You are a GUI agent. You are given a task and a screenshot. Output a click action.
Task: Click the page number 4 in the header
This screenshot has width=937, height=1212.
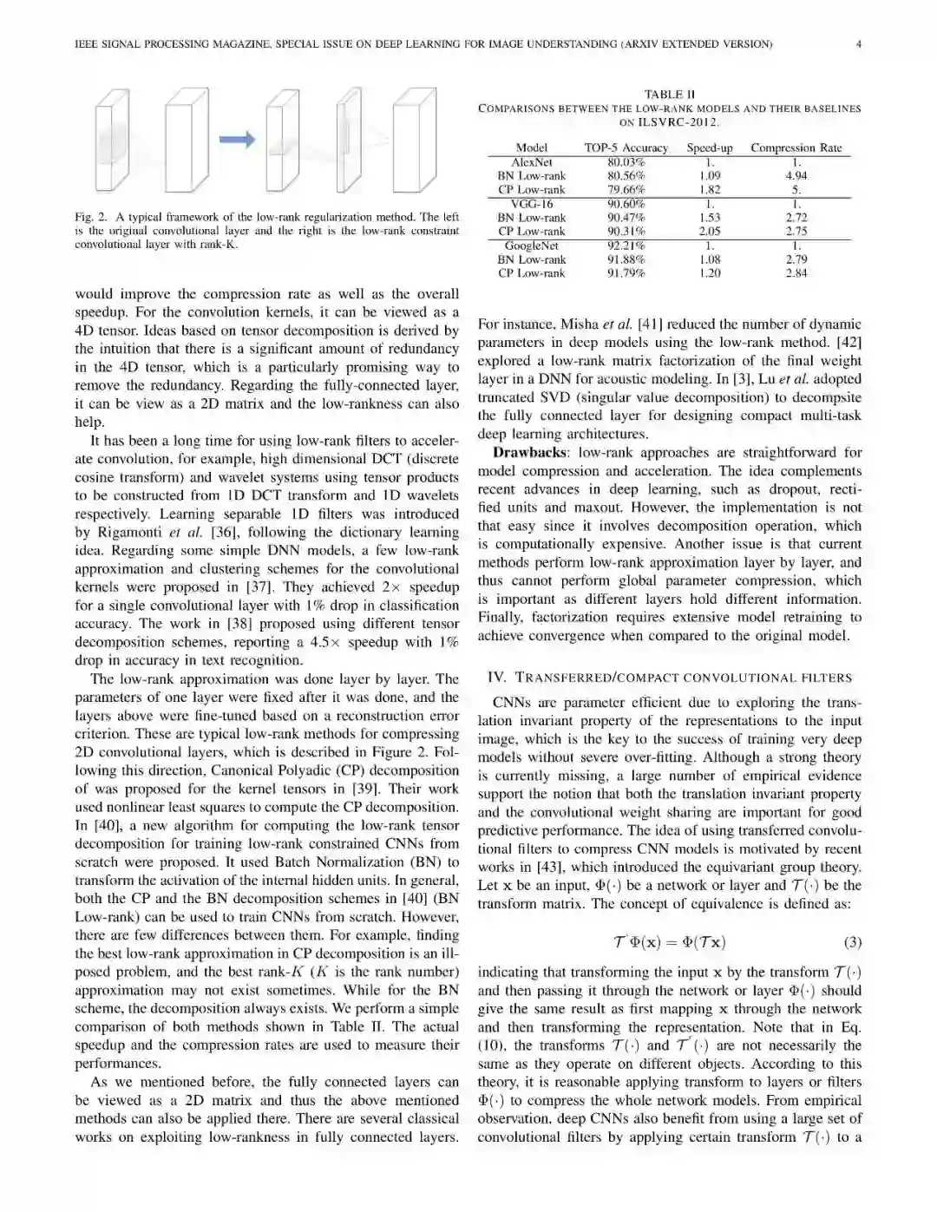858,43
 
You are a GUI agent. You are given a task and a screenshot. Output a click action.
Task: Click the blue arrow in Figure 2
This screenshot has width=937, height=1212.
236,139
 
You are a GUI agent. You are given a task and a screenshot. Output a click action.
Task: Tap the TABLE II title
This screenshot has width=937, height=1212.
669,94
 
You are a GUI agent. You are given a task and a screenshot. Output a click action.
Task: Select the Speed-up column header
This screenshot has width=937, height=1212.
709,147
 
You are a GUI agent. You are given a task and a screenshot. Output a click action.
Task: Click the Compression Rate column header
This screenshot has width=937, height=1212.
796,147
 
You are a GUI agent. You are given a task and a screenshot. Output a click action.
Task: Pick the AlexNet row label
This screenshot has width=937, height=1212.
531,162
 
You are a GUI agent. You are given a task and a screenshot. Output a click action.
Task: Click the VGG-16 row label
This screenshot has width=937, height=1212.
531,204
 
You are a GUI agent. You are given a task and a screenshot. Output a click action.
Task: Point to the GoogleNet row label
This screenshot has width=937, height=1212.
531,246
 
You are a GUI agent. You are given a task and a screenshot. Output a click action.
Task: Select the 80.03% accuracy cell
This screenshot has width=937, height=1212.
626,162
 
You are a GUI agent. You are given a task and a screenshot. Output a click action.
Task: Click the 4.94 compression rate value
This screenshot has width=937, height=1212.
796,175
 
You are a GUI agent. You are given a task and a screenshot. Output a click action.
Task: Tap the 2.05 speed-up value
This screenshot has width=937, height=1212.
709,231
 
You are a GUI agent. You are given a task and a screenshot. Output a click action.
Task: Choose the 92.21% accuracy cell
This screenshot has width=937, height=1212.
626,246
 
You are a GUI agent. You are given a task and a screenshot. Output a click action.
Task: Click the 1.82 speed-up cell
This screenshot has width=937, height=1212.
709,189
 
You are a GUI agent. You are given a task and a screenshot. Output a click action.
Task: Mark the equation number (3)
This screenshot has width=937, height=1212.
852,942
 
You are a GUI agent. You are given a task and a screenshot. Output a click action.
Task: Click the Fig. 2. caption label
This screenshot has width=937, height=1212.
91,217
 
